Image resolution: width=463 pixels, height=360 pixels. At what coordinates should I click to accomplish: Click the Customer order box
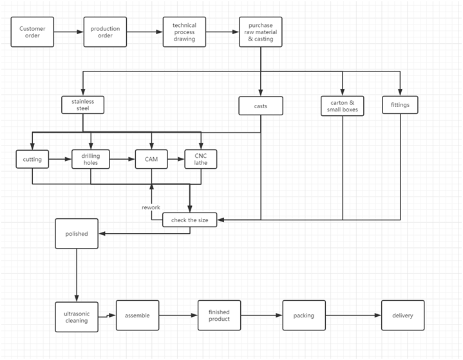coord(32,32)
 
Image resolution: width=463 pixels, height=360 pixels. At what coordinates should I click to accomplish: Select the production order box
coord(105,32)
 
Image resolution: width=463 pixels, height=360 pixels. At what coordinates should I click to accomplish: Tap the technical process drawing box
coord(184,32)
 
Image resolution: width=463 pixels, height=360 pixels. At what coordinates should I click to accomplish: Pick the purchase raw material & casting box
coord(260,32)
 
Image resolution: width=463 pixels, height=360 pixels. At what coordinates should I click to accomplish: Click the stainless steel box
coord(82,105)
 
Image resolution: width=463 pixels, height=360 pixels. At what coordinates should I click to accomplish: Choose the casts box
coord(261,106)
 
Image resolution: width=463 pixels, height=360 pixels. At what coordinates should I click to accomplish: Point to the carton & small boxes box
coord(342,106)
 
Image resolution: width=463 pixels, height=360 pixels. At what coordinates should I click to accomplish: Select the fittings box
coord(400,105)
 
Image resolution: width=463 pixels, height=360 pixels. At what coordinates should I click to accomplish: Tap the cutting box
coord(32,159)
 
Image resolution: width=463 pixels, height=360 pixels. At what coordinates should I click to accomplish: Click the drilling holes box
coord(91,159)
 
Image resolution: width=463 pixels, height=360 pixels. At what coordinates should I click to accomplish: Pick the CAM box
coord(151,159)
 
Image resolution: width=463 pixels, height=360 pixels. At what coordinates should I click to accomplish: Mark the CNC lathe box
coord(201,159)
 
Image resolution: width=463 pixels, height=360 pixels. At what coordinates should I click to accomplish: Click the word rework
coord(151,207)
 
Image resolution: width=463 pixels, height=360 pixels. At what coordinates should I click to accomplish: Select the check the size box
coord(189,220)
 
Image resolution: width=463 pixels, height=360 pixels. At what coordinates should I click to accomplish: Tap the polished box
coord(77,234)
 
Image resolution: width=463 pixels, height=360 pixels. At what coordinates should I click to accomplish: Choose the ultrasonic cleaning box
coord(77,317)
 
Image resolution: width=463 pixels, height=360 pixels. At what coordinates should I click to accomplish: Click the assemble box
coord(137,316)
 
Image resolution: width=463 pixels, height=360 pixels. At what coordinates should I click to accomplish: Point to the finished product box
coord(219,316)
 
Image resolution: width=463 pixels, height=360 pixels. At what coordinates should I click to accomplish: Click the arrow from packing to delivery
coord(354,316)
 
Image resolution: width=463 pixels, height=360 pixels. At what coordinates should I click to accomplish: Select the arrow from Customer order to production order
coord(69,32)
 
